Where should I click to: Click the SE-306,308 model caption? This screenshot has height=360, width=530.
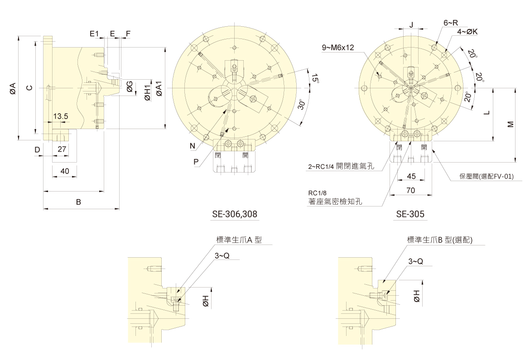coord(235,214)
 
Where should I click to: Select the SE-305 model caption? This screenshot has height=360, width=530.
coord(410,214)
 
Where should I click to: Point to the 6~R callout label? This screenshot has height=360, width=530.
coord(451,23)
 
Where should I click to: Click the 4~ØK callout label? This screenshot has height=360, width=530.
coord(467,32)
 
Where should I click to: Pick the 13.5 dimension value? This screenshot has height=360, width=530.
coord(61,116)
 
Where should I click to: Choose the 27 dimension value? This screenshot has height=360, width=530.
coord(62,149)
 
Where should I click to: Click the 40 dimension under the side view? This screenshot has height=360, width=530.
coord(65,171)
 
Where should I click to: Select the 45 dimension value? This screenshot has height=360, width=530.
coord(411,176)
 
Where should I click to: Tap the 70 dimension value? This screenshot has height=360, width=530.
coord(410,191)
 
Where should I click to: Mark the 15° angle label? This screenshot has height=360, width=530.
coord(315,78)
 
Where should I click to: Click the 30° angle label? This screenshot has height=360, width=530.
coord(301,105)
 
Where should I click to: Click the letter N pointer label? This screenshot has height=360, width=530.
coord(193,146)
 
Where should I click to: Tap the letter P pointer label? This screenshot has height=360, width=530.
coord(196,162)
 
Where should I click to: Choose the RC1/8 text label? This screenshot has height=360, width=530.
coord(318,193)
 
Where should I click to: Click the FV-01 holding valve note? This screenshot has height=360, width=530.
coord(486,176)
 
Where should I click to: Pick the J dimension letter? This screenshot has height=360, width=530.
coord(411,24)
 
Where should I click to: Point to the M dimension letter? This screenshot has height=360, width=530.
coord(511,124)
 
